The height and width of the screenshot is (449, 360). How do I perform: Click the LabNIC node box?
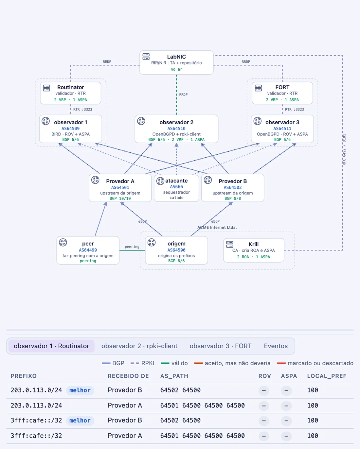pyautogui.click(x=176, y=62)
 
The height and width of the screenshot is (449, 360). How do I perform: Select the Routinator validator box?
pyautogui.click(x=71, y=93)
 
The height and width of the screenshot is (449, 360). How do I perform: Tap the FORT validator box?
pyautogui.click(x=282, y=93)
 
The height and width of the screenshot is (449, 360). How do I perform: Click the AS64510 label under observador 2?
pyautogui.click(x=176, y=129)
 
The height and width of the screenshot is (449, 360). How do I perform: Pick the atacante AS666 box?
pyautogui.click(x=176, y=188)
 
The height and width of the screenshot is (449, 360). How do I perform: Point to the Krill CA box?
pyautogui.click(x=254, y=250)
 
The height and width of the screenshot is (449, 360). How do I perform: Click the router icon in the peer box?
pyautogui.click(x=63, y=242)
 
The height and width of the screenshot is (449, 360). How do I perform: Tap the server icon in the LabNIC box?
pyautogui.click(x=146, y=57)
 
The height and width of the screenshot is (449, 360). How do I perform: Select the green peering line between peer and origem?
pyautogui.click(x=132, y=250)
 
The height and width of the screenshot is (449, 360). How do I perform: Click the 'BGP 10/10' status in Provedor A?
pyautogui.click(x=120, y=199)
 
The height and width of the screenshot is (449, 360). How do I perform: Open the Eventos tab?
pyautogui.click(x=276, y=346)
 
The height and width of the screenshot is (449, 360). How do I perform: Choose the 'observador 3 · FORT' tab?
pyautogui.click(x=221, y=346)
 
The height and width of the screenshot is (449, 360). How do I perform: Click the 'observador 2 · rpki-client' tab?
pyautogui.click(x=139, y=346)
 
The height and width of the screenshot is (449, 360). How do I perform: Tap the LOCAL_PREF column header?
pyautogui.click(x=327, y=376)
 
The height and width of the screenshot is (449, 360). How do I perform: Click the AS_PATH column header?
pyautogui.click(x=174, y=376)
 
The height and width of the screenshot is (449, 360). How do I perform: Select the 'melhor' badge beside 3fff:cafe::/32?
pyautogui.click(x=80, y=421)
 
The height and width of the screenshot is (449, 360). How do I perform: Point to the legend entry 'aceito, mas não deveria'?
pyautogui.click(x=232, y=363)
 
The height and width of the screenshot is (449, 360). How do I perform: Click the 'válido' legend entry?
pyautogui.click(x=174, y=363)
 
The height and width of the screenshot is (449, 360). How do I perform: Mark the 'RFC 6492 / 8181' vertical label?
pyautogui.click(x=344, y=149)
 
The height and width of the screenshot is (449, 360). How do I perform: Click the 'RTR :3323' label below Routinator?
pyautogui.click(x=83, y=109)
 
